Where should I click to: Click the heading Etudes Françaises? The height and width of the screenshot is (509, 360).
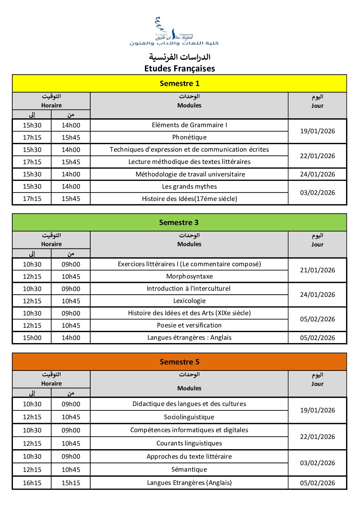coord(180,68)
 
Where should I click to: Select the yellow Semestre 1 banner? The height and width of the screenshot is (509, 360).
coord(180,83)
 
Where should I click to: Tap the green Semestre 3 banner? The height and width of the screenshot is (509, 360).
coord(179,222)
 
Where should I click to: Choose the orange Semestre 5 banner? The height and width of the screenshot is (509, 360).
coord(180,362)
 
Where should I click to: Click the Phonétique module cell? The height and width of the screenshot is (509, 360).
coord(189,137)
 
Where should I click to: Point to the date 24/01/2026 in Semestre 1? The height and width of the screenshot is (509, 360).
coord(317,174)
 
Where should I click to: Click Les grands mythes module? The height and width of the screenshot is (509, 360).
coord(189,187)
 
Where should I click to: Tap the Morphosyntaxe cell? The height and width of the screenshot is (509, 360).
coord(189,276)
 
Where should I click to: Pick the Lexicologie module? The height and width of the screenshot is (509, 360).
coord(189,301)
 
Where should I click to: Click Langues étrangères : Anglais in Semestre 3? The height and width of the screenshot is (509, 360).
coord(189,338)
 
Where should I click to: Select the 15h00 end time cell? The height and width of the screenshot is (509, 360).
coord(32,338)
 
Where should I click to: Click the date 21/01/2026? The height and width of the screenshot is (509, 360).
coord(317,270)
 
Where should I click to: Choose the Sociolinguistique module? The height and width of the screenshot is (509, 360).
coord(189,417)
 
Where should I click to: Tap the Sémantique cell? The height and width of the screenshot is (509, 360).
coord(189,470)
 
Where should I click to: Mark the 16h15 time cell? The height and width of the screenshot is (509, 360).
coord(32,483)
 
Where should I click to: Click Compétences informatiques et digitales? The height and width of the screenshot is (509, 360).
coord(189,430)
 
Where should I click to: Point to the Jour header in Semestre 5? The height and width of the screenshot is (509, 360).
coord(317,384)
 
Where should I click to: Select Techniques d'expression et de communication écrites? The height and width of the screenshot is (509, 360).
coord(189,150)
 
